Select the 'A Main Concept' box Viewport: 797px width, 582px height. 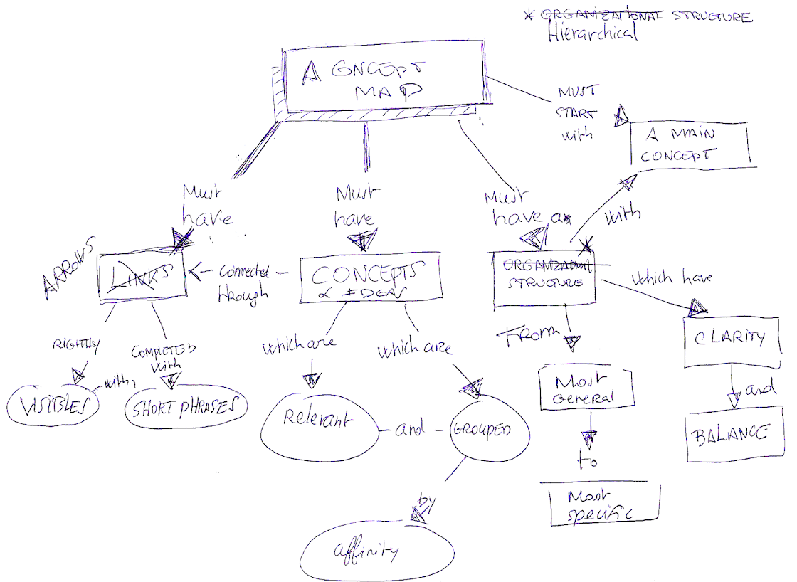click(x=691, y=145)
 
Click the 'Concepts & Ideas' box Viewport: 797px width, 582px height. click(x=371, y=278)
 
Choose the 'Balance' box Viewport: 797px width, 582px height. click(x=729, y=435)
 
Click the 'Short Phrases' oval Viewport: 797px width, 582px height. click(x=186, y=408)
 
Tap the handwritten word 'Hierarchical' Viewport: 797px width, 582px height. click(x=593, y=33)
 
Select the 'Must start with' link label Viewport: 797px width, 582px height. click(x=578, y=114)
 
